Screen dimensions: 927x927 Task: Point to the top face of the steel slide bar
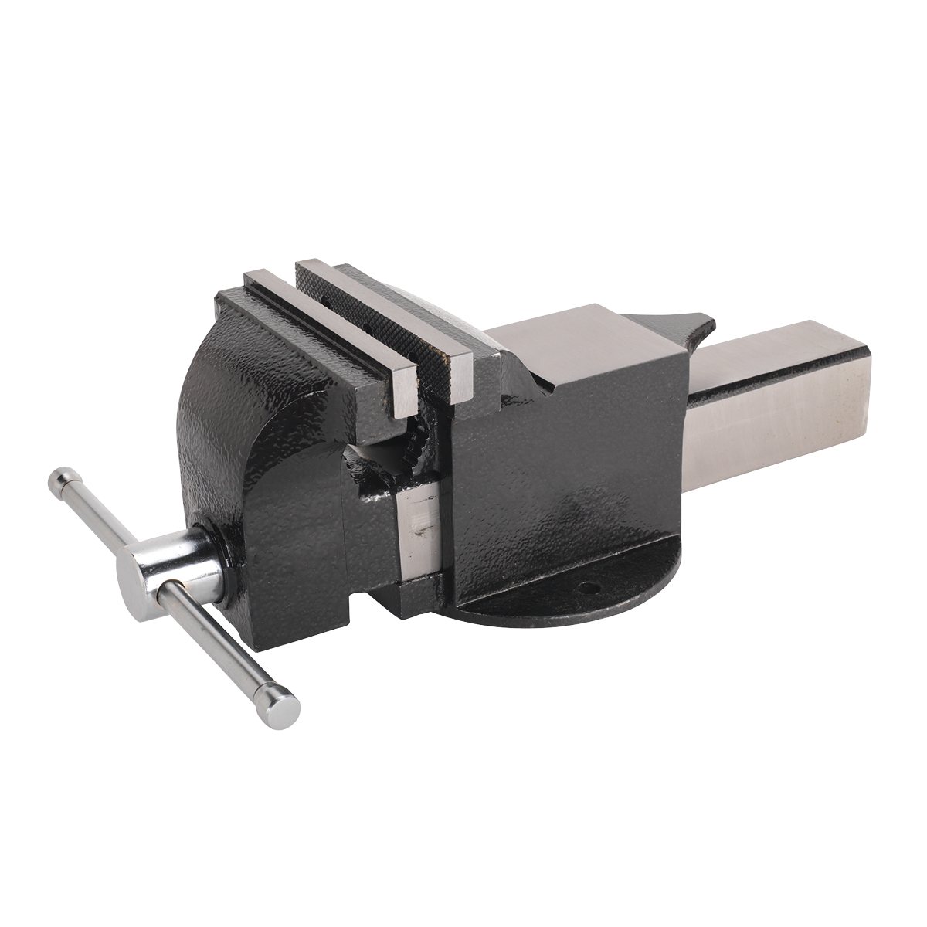click(x=772, y=348)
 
